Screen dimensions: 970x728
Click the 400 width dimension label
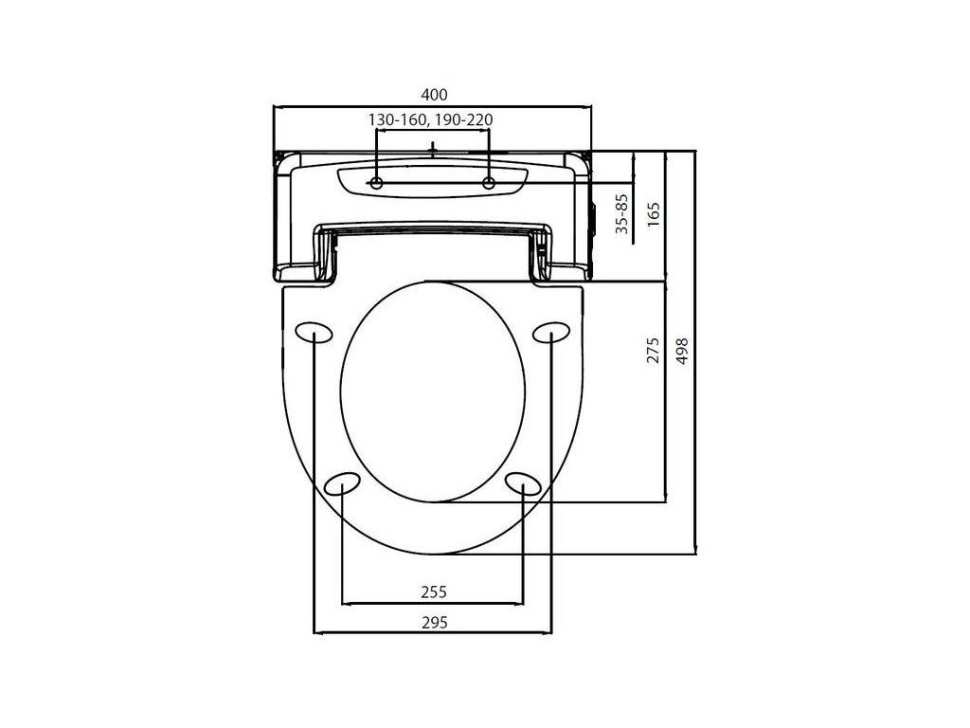(x=434, y=95)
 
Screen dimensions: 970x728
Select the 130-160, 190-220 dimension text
(x=431, y=119)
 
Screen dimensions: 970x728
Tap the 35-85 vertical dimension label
(x=621, y=213)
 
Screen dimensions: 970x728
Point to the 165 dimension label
(x=654, y=214)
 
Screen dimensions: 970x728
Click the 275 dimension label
(x=654, y=351)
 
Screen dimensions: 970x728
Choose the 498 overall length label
(x=681, y=351)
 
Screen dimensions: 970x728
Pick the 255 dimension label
(x=434, y=592)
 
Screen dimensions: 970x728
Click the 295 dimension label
(x=434, y=622)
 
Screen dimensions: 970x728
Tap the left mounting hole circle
(x=376, y=183)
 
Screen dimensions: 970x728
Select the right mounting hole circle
(x=489, y=183)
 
